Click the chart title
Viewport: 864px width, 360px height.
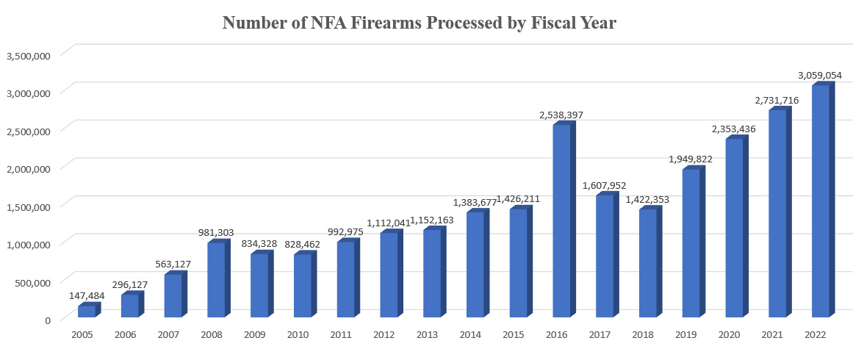click(x=419, y=23)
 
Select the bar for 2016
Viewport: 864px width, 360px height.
click(x=561, y=220)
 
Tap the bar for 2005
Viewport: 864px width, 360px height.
click(x=87, y=312)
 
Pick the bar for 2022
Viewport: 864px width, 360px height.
click(x=820, y=201)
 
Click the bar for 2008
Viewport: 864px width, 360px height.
click(x=216, y=280)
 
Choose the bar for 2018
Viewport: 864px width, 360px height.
click(x=647, y=263)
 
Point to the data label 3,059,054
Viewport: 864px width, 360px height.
click(x=820, y=75)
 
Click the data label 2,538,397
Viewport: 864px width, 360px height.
click(x=561, y=115)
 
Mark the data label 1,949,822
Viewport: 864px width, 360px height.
click(x=691, y=159)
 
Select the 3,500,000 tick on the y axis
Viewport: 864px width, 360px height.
click(x=29, y=55)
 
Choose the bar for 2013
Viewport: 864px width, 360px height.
click(x=432, y=273)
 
